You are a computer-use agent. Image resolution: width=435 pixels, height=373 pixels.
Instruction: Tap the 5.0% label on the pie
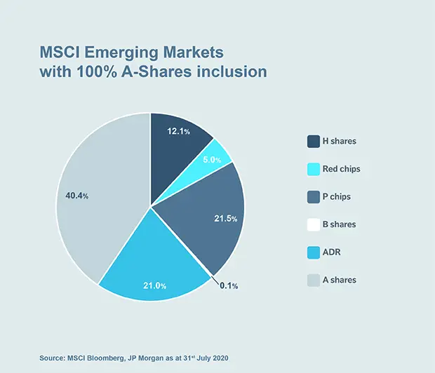point(211,160)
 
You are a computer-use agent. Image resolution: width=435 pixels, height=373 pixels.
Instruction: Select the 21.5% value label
point(225,219)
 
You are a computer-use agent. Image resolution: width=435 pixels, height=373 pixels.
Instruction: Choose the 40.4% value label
point(76,196)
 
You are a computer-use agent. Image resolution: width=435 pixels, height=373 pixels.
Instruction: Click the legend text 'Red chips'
point(342,169)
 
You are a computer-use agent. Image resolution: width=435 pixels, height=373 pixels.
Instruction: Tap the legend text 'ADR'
point(333,252)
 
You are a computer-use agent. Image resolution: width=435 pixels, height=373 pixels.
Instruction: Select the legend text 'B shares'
point(340,224)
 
